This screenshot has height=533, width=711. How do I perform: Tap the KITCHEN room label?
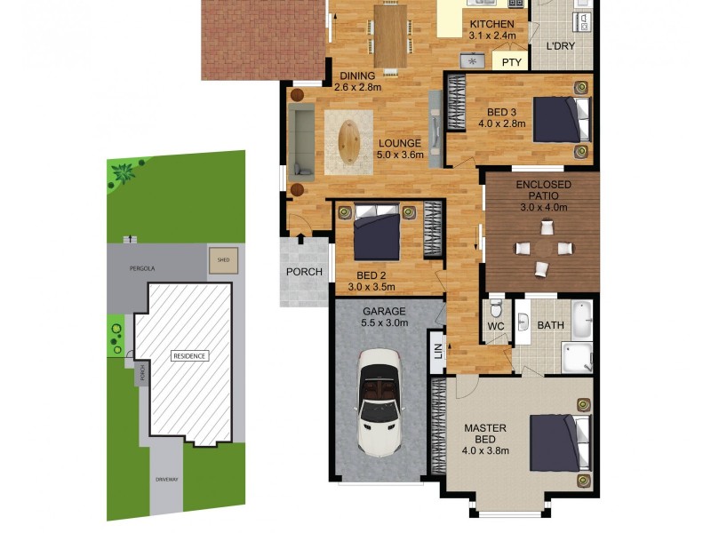[x=491, y=24]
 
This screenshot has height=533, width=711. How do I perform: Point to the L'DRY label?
[x=559, y=45]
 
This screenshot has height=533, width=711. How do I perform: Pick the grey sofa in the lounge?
[x=302, y=138]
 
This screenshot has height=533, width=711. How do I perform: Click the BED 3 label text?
[x=502, y=112]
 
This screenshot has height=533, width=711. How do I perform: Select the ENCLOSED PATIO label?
[x=543, y=190]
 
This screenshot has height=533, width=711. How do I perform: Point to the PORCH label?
[x=304, y=272]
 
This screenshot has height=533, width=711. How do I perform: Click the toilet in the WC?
[x=496, y=312]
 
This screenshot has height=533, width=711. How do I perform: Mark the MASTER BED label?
[x=485, y=434]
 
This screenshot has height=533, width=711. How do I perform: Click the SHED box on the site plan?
[x=223, y=260]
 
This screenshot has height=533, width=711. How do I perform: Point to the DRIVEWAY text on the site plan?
[x=168, y=480]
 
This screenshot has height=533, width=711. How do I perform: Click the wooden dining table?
[x=390, y=36]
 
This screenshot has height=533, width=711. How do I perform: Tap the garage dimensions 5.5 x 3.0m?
[x=384, y=323]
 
